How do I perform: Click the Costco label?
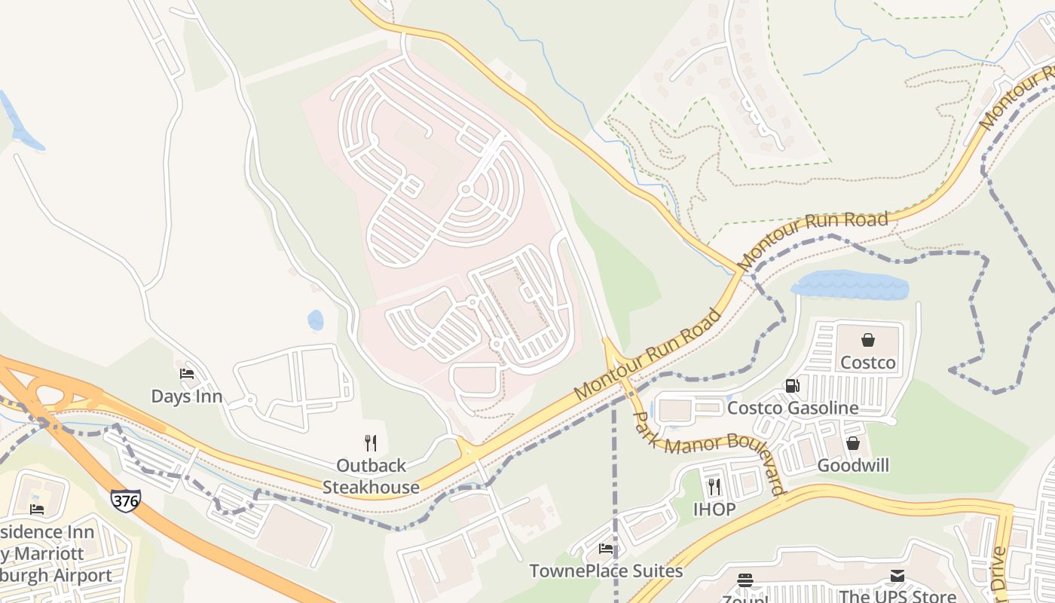pyautogui.click(x=868, y=363)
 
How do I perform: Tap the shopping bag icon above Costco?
pyautogui.click(x=868, y=340)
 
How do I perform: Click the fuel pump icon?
pyautogui.click(x=792, y=386)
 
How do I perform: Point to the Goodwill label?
pyautogui.click(x=853, y=465)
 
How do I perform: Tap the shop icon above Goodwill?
pyautogui.click(x=853, y=443)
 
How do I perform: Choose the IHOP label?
pyautogui.click(x=714, y=509)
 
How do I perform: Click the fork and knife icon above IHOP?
pyautogui.click(x=714, y=487)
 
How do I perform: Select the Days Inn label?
pyautogui.click(x=187, y=396)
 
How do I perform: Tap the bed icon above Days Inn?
pyautogui.click(x=187, y=374)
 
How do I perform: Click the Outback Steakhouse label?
pyautogui.click(x=371, y=476)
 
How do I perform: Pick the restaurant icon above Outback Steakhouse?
pyautogui.click(x=370, y=442)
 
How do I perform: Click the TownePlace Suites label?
pyautogui.click(x=606, y=571)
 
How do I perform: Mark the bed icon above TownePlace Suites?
pyautogui.click(x=606, y=549)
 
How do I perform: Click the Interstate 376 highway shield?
pyautogui.click(x=125, y=500)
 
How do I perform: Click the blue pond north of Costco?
pyautogui.click(x=849, y=286)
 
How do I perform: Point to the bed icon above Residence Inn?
pyautogui.click(x=36, y=510)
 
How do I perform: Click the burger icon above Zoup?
pyautogui.click(x=745, y=580)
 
